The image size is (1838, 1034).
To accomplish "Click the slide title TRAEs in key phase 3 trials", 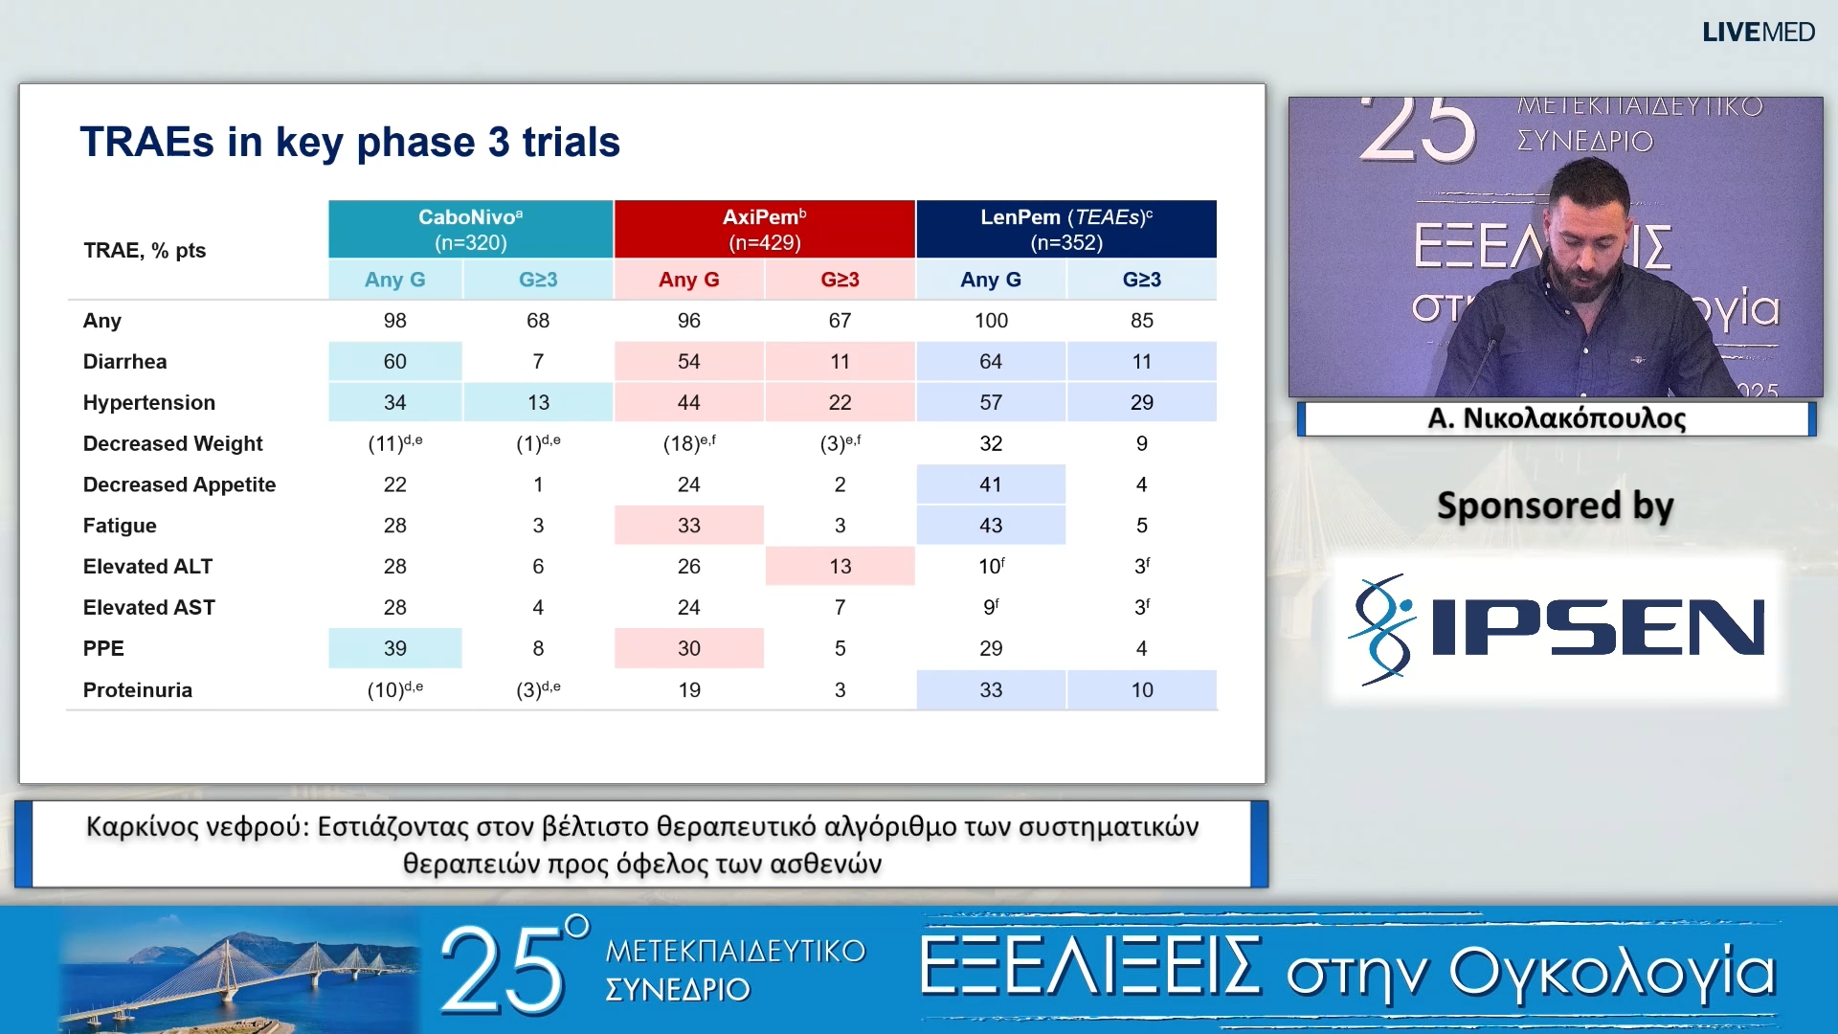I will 349,142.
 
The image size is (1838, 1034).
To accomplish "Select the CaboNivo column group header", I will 470,229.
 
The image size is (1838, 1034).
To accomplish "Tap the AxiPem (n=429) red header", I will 764,229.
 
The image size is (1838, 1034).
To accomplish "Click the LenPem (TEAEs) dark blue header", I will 1065,229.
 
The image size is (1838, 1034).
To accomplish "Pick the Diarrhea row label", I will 124,361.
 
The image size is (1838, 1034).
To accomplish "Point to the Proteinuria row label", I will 137,689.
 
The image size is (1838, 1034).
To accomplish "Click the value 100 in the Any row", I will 991,321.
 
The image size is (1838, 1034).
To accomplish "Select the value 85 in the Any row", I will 1141,321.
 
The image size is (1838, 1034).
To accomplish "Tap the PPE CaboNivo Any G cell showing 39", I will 394,648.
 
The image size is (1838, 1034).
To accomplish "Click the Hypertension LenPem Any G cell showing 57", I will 991,402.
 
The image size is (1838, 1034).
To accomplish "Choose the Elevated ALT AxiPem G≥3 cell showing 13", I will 840,566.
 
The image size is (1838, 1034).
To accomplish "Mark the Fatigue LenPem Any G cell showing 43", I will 991,525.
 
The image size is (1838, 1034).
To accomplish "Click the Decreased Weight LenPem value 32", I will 991,443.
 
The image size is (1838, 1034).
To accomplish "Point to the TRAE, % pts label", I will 145,250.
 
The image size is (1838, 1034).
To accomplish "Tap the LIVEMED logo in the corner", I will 1758,32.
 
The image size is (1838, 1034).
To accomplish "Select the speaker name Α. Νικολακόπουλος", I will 1556,418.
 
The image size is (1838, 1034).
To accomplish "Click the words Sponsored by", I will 1555,506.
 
